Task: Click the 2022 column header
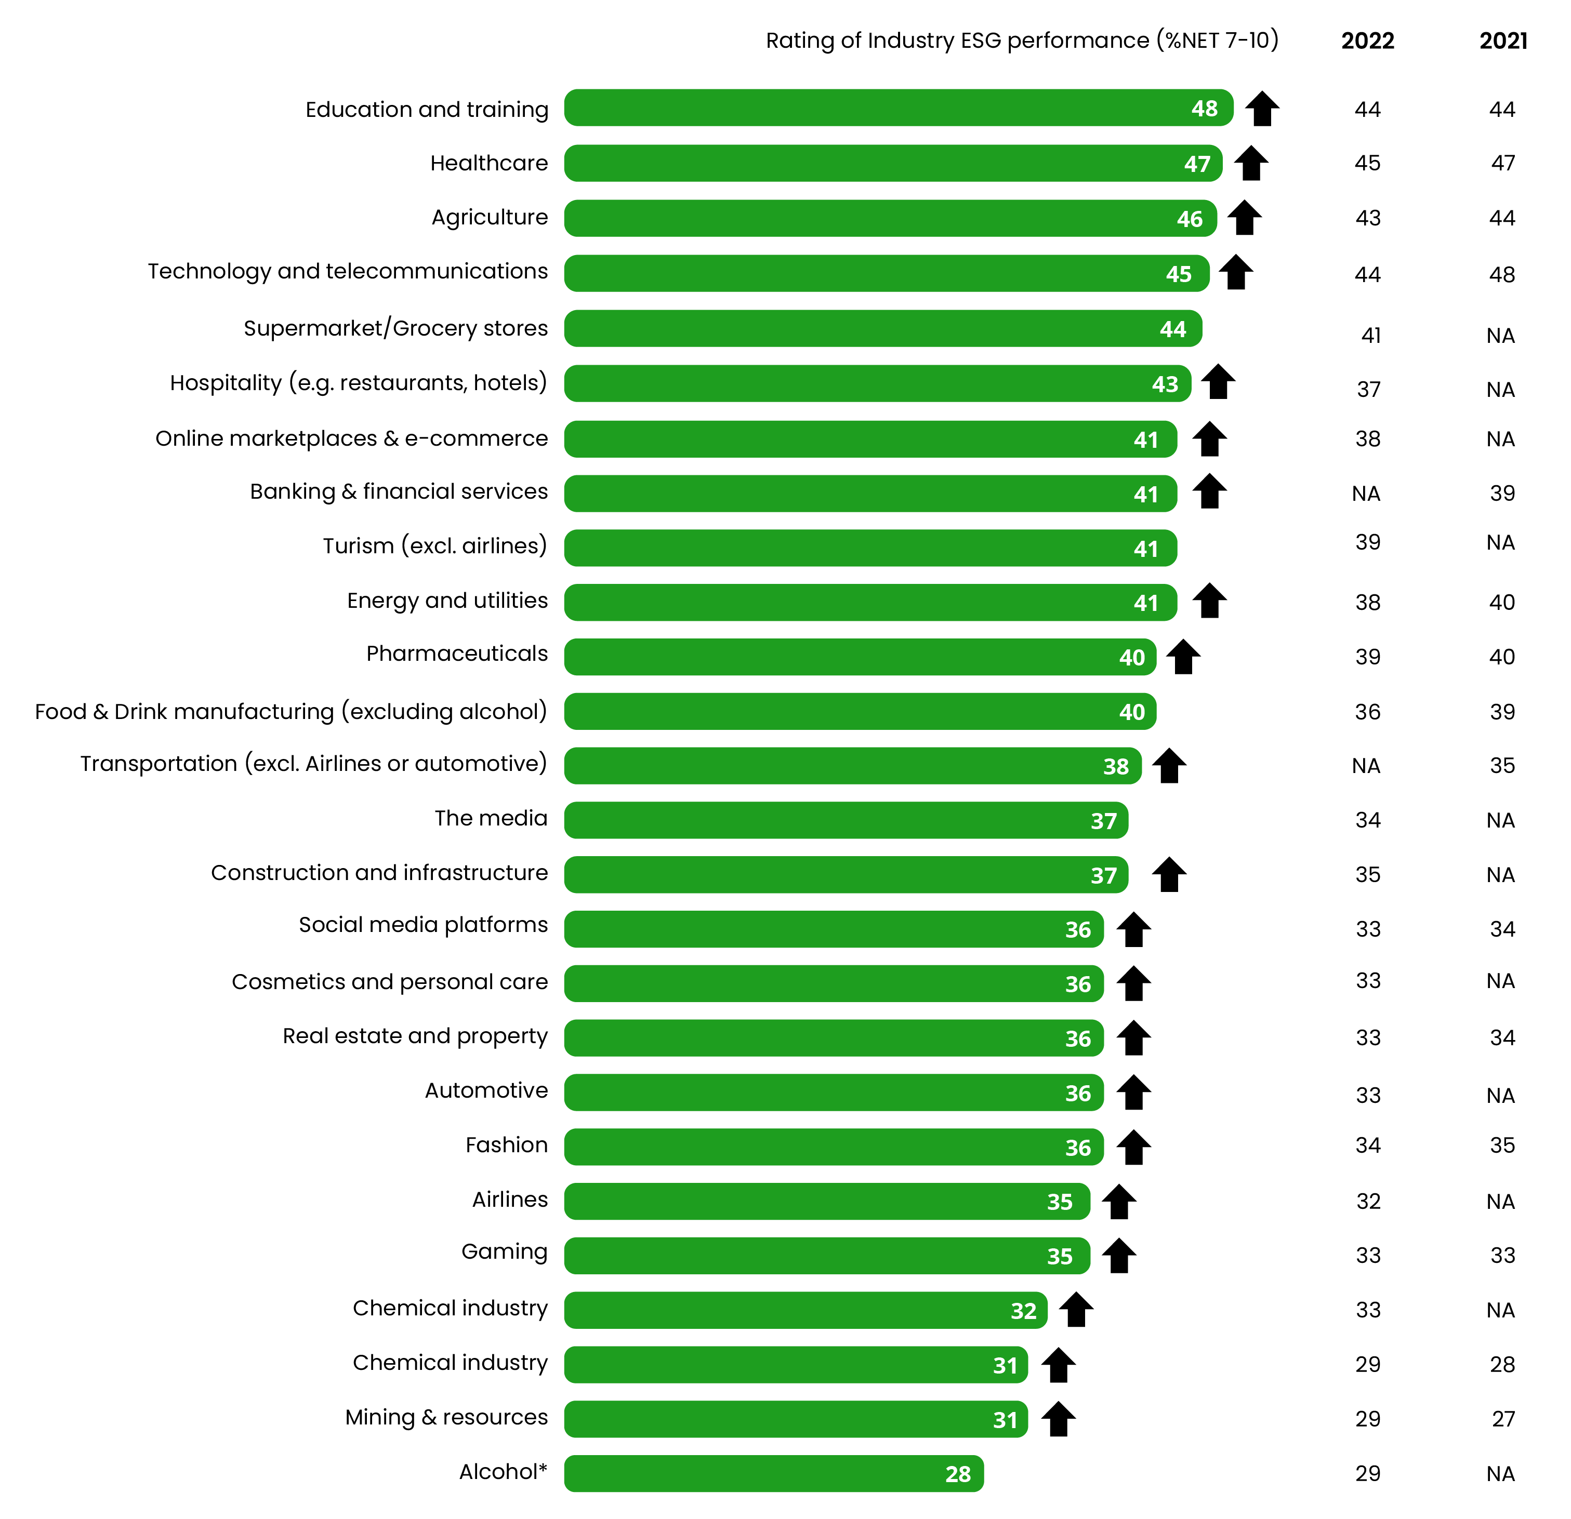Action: pyautogui.click(x=1367, y=41)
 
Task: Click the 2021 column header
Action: pyautogui.click(x=1503, y=41)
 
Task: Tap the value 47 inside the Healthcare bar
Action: pyautogui.click(x=1197, y=164)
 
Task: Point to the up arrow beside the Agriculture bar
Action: pyautogui.click(x=1244, y=218)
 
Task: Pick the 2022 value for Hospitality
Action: pyautogui.click(x=1368, y=390)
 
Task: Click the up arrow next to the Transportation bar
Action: pyautogui.click(x=1169, y=766)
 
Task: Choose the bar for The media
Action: pyautogui.click(x=846, y=820)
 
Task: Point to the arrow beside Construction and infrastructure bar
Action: pyautogui.click(x=1169, y=875)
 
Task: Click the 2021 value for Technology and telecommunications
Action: pyautogui.click(x=1502, y=275)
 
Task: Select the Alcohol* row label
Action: pyautogui.click(x=503, y=1472)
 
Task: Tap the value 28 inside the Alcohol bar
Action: pyautogui.click(x=958, y=1474)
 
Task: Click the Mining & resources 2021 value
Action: pyautogui.click(x=1503, y=1419)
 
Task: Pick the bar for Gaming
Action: pyautogui.click(x=826, y=1256)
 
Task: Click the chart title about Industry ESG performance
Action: pyautogui.click(x=1021, y=41)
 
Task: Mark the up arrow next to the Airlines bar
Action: pyautogui.click(x=1118, y=1202)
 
